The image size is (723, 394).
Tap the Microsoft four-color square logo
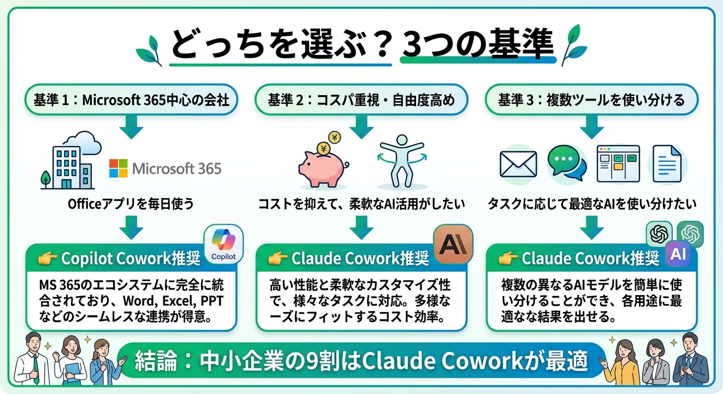coord(118,168)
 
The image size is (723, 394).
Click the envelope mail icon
coord(518,164)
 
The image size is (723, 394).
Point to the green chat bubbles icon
coord(566,163)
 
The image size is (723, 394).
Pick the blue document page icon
coord(667,164)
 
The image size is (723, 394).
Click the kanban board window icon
coord(618,164)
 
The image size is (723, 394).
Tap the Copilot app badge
coord(223,245)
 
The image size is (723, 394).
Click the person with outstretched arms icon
coord(401,162)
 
